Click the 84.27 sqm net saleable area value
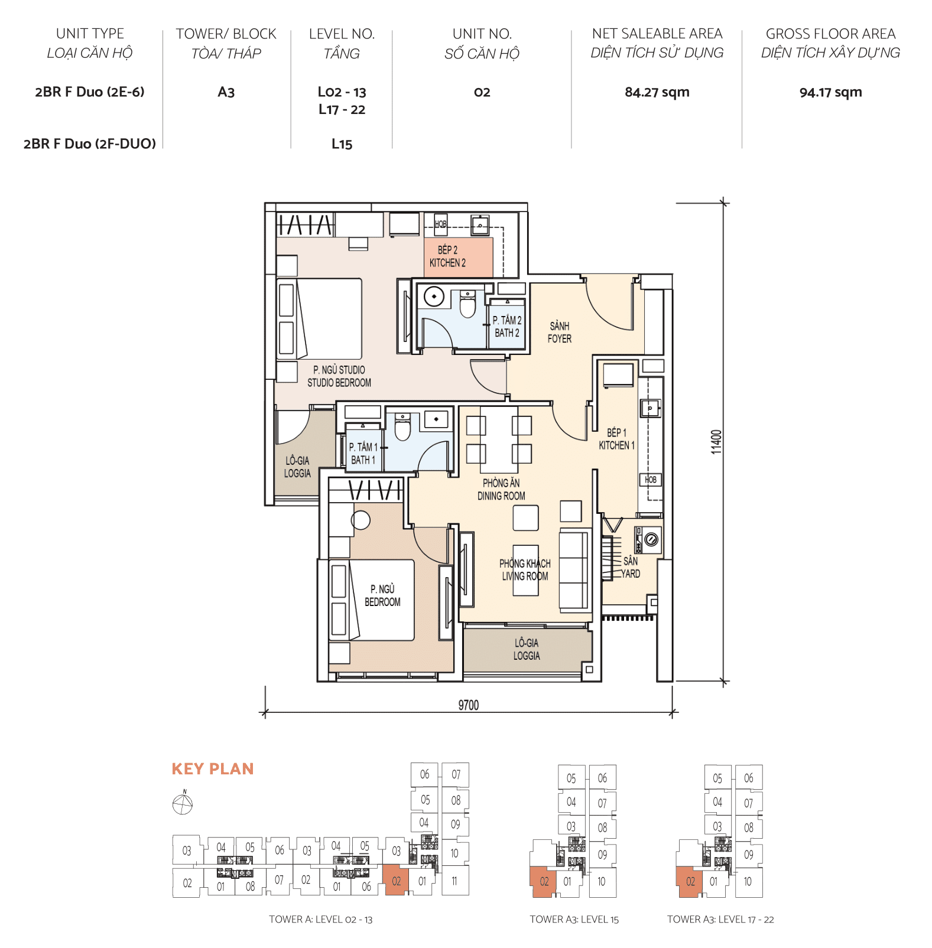(657, 92)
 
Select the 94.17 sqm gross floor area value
(830, 92)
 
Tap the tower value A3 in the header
(226, 92)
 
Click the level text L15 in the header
(342, 144)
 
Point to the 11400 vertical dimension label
(716, 442)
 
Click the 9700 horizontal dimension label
(468, 705)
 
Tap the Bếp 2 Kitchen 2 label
(447, 256)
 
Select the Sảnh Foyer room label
(559, 332)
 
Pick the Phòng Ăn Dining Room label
(501, 490)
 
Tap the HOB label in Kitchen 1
(650, 480)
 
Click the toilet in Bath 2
(467, 304)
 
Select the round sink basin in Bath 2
(434, 297)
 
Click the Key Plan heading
(213, 768)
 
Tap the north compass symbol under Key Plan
(183, 803)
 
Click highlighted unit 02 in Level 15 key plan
(544, 881)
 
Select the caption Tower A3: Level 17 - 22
(720, 919)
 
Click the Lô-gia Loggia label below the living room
(526, 649)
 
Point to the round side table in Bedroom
(361, 520)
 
